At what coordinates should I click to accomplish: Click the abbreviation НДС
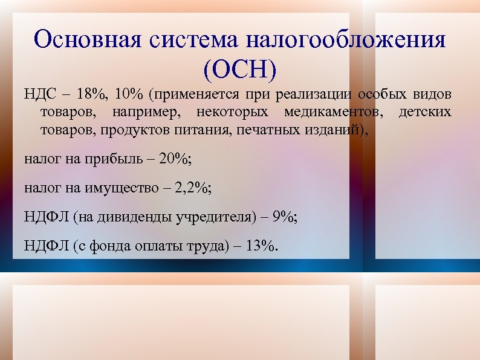[x=39, y=96]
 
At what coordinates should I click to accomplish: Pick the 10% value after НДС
[x=129, y=96]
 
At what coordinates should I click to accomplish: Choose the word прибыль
[x=114, y=160]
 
